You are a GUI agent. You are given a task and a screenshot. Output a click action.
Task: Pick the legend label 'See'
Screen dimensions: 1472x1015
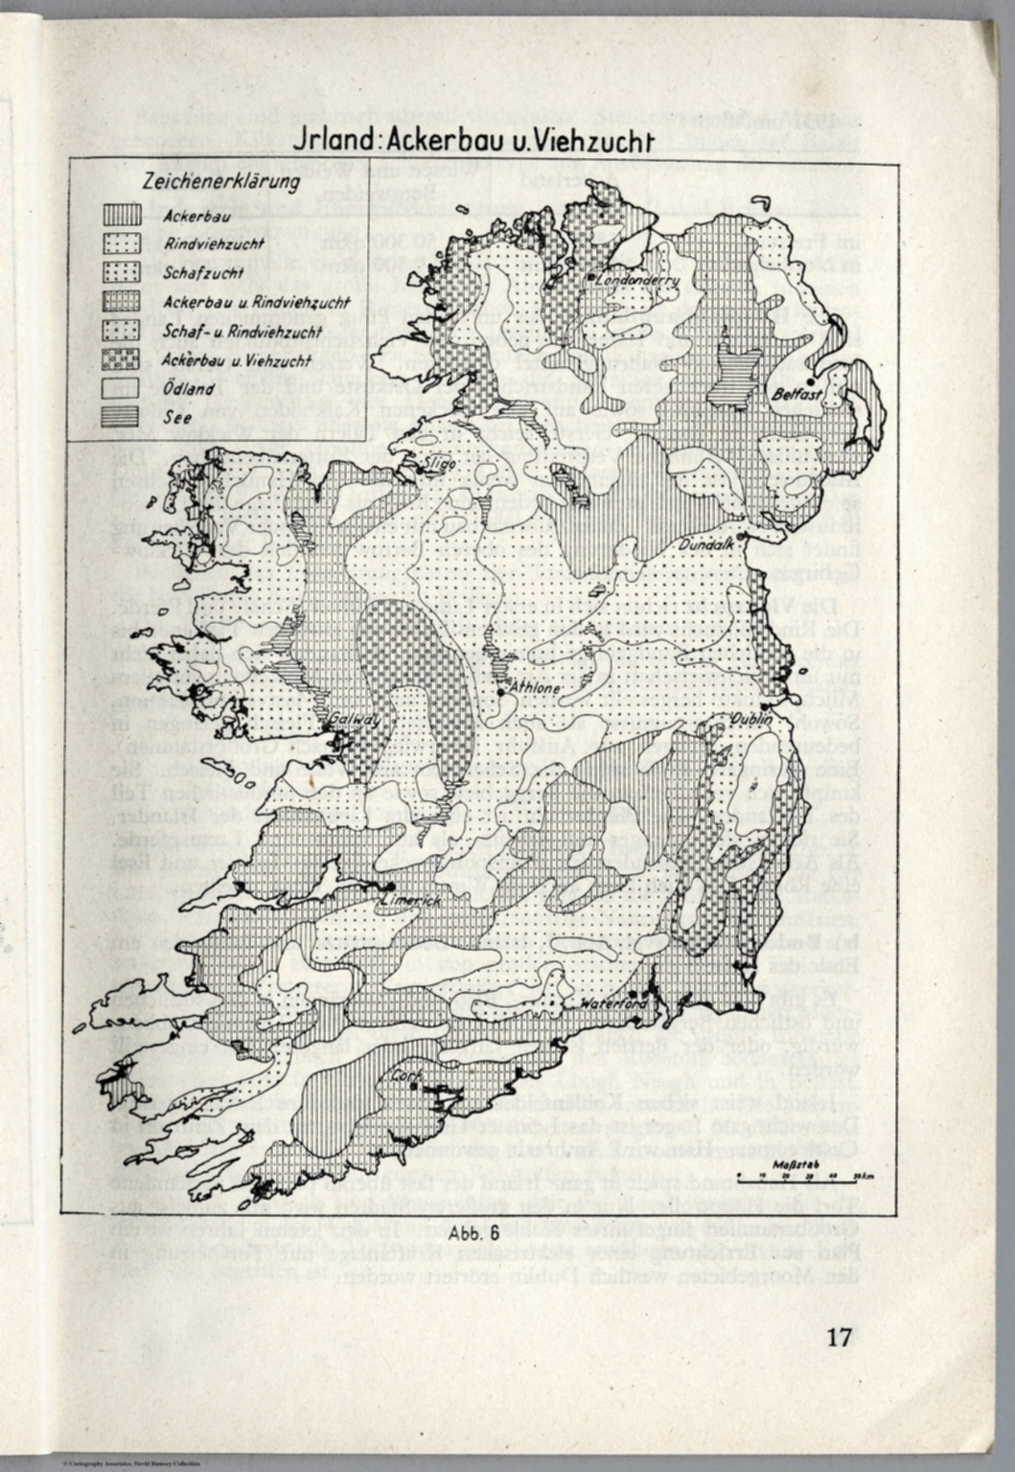coord(175,418)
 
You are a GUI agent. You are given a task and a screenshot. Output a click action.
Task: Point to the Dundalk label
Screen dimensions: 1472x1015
coord(707,544)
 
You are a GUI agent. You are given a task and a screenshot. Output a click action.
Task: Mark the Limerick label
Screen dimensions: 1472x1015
coord(410,902)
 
